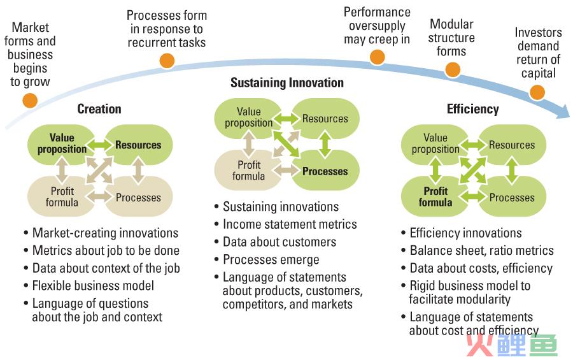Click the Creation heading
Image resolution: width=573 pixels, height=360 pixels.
[99, 109]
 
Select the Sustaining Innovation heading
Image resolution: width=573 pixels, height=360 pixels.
[287, 83]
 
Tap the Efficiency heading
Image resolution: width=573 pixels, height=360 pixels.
[473, 109]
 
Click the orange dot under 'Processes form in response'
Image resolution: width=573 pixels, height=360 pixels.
[167, 61]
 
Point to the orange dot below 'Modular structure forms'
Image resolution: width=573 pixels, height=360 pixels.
[453, 69]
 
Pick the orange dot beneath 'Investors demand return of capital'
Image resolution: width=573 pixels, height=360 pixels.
[537, 92]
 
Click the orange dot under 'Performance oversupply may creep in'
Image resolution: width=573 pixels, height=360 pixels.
[377, 57]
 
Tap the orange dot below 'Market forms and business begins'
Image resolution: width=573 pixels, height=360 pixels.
[30, 100]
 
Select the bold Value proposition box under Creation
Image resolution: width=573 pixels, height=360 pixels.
[61, 145]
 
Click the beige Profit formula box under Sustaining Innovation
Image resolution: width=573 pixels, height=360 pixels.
[248, 171]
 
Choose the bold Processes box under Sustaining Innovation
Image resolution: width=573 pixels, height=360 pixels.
[325, 171]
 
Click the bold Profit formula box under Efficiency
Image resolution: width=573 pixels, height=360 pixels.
[435, 196]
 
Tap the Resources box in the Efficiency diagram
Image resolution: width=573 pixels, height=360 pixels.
[513, 145]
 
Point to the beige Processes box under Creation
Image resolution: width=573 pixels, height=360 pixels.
[139, 197]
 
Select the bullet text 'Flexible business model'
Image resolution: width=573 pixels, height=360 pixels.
[93, 285]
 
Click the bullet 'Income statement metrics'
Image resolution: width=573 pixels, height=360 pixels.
[290, 224]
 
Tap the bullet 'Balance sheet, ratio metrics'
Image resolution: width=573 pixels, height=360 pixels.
[482, 250]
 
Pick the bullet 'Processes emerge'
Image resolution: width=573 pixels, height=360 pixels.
[271, 260]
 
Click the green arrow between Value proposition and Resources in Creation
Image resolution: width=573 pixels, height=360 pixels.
[99, 145]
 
